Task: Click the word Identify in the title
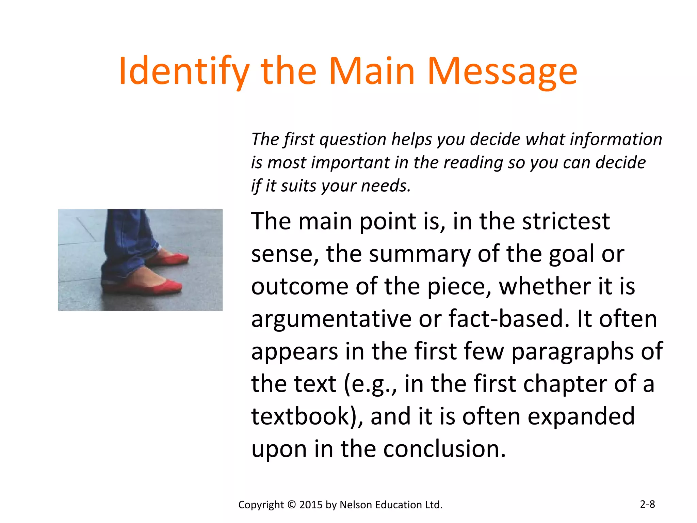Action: pos(184,72)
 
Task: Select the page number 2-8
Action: pos(647,504)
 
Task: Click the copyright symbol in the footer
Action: pos(292,505)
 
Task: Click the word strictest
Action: pos(566,221)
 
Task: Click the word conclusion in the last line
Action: pos(444,449)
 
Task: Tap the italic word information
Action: pos(616,140)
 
